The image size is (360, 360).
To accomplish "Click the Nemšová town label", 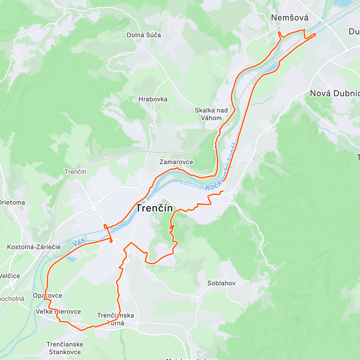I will pos(289,18).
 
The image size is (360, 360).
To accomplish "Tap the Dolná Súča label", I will pos(144,35).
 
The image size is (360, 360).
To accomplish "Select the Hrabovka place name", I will pos(153,99).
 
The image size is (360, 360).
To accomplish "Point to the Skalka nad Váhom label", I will pos(211,114).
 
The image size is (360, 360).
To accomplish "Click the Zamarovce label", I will pos(176,162).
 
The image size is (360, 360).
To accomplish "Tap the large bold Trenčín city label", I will pos(155,208).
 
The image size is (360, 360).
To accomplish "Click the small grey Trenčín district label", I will pos(75,172).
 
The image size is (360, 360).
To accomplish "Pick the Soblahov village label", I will pos(221,283).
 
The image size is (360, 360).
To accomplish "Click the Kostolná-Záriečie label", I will pos(34,247).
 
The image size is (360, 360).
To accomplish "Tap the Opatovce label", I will pos(47,295).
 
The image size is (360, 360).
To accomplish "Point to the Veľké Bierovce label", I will pos(58,312).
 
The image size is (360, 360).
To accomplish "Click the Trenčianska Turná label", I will pos(115,319).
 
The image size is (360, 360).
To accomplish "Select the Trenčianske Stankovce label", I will pos(65,348).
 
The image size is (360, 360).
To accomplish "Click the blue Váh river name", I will pos(79,242).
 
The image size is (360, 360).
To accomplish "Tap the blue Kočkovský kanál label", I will pos(222,166).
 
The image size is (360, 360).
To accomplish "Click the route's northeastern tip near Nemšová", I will pos(316,34).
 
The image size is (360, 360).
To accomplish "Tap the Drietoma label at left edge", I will pos(12,202).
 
